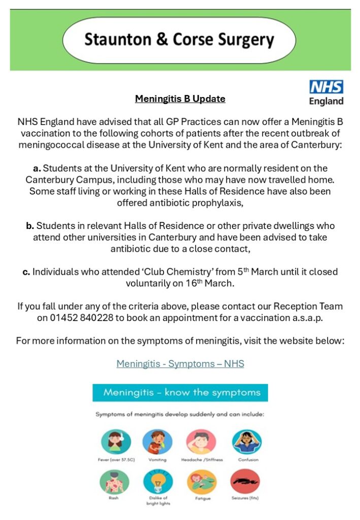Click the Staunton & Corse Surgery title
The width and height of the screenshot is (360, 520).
pyautogui.click(x=179, y=40)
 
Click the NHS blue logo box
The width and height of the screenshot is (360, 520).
pyautogui.click(x=326, y=86)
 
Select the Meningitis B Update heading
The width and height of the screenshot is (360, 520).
pyautogui.click(x=180, y=99)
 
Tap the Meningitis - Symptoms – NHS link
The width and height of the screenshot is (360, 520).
pyautogui.click(x=180, y=364)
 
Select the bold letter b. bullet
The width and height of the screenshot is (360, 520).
pyautogui.click(x=30, y=225)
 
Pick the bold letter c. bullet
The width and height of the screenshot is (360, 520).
pyautogui.click(x=26, y=272)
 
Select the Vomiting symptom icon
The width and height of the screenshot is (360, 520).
pyautogui.click(x=157, y=441)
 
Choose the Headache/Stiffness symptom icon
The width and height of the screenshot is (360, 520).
pyautogui.click(x=201, y=441)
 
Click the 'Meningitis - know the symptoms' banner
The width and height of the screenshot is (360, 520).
pyautogui.click(x=180, y=393)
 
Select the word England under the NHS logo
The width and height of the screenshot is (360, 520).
pyautogui.click(x=326, y=101)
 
